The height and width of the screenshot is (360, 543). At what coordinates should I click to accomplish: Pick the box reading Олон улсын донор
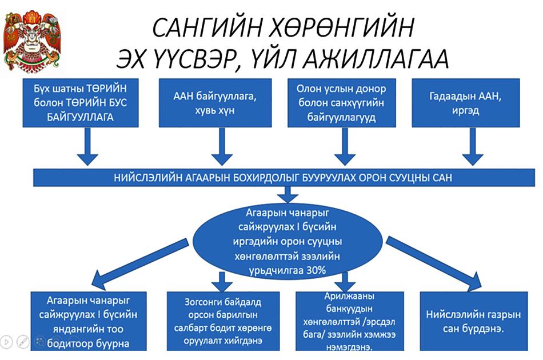341,103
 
